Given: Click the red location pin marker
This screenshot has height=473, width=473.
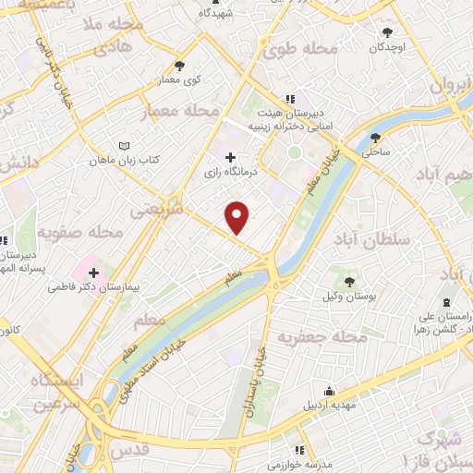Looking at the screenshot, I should pos(237,217).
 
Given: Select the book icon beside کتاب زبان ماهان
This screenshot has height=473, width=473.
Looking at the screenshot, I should pos(126,145).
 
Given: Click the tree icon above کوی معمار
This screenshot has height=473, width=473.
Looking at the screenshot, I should pos(179,66).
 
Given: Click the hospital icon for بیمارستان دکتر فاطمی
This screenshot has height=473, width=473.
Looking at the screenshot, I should pos(94,273).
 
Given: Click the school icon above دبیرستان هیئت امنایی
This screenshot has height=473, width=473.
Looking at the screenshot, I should pos(289,99).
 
